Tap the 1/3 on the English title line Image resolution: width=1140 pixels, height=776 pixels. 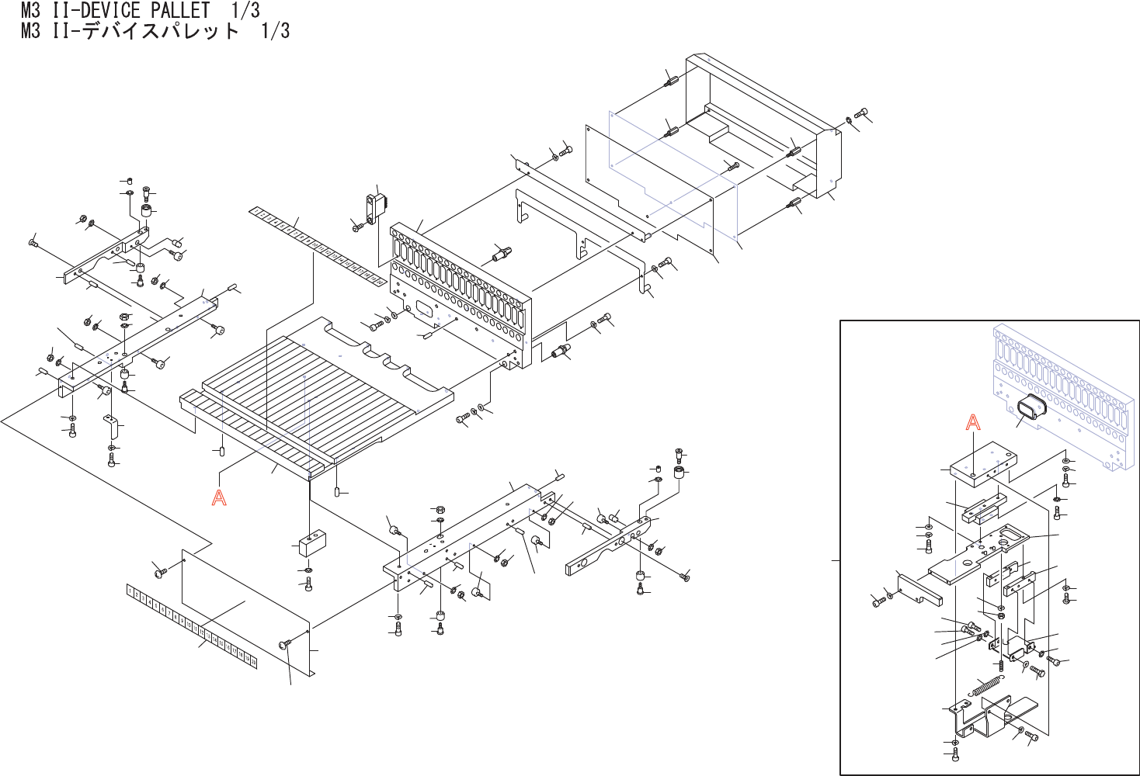245,11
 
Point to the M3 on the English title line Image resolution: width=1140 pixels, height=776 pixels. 30,11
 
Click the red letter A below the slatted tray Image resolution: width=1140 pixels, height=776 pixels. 219,497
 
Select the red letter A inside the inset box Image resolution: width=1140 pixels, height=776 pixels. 972,422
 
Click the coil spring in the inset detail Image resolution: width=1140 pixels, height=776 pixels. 986,686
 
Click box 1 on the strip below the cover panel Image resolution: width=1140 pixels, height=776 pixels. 130,591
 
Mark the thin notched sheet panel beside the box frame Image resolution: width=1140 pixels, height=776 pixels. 660,186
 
